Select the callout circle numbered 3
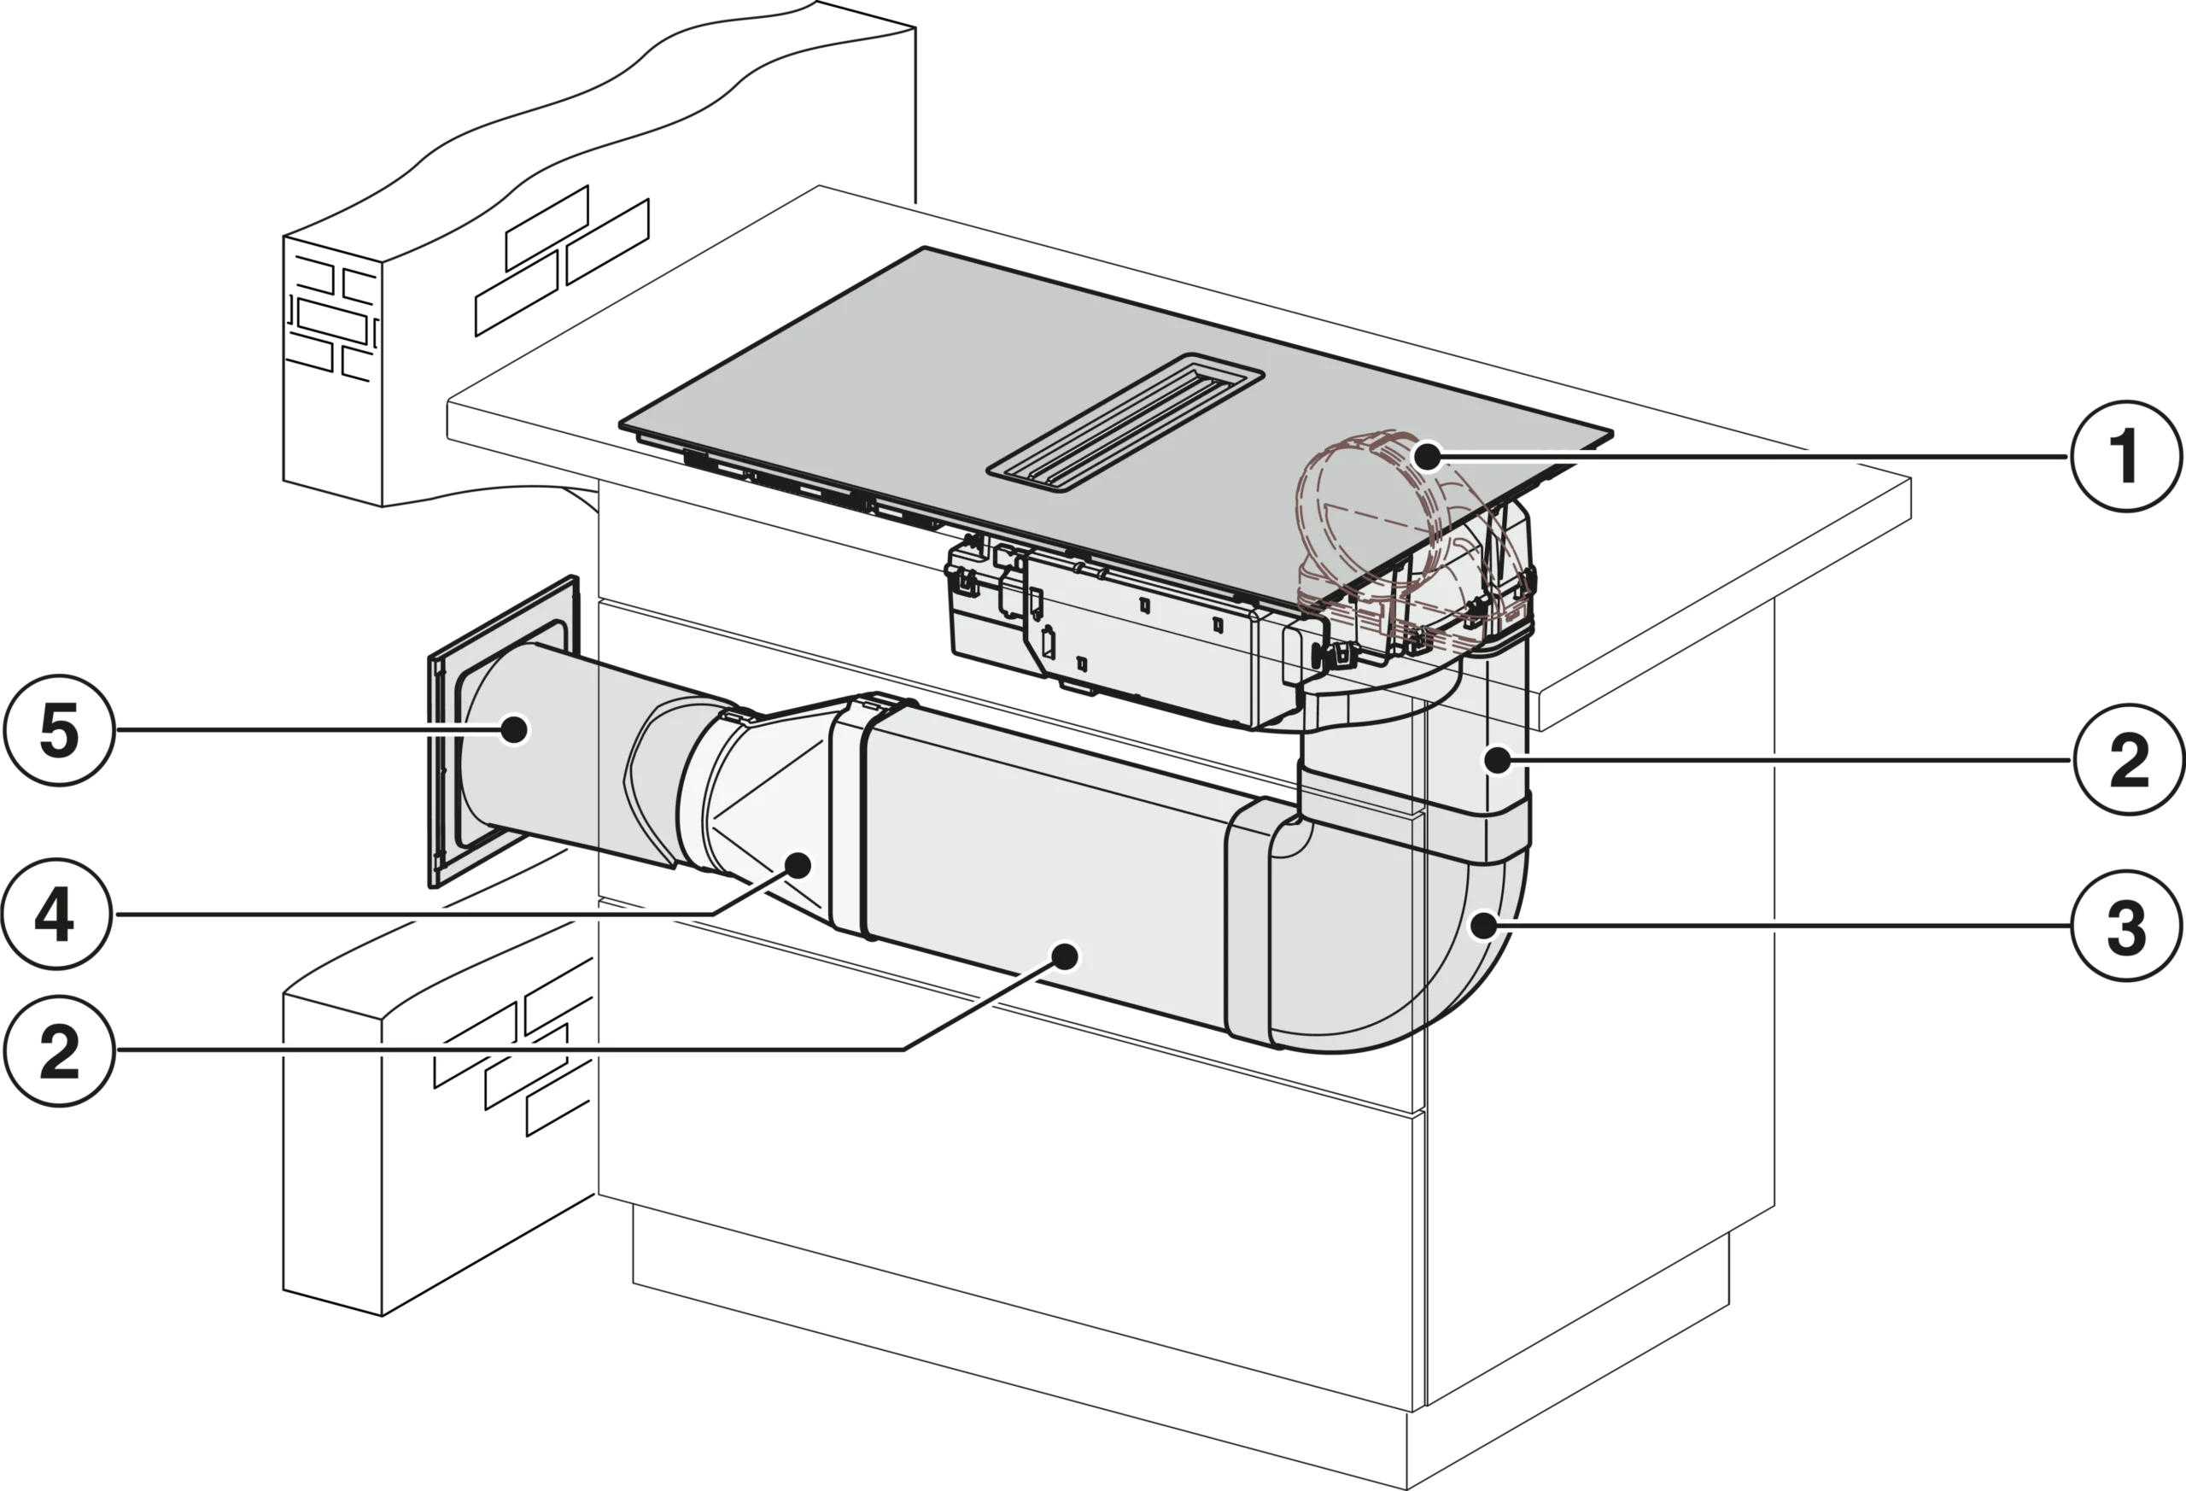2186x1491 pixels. tap(2127, 926)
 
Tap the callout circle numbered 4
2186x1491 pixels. tap(57, 914)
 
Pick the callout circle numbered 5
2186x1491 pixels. tap(59, 730)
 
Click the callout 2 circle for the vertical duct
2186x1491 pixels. tap(2129, 760)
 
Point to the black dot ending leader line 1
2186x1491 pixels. tap(1428, 457)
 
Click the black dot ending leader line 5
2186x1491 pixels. tap(513, 729)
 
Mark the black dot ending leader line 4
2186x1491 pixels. tap(798, 864)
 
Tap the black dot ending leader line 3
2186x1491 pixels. tap(1483, 926)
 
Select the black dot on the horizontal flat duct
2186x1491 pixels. tap(1065, 956)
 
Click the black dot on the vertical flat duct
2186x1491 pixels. tap(1499, 759)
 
